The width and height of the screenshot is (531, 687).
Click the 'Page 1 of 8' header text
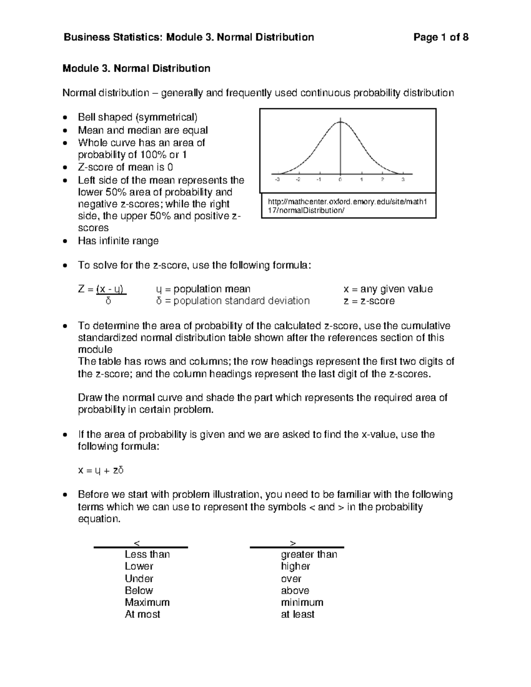(441, 37)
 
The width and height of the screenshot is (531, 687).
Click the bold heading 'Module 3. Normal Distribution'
(136, 69)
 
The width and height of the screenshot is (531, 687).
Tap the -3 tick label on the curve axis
(277, 180)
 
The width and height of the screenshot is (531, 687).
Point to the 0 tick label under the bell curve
(340, 180)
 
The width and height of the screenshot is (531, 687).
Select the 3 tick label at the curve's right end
(403, 180)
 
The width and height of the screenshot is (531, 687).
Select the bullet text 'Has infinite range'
(118, 241)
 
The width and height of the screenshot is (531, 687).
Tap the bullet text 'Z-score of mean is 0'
(125, 167)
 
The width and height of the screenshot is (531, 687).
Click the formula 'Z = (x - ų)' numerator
(102, 289)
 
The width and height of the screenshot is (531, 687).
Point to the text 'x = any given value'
(388, 289)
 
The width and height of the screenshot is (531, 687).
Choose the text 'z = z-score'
(369, 301)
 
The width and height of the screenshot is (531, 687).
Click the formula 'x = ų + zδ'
(100, 470)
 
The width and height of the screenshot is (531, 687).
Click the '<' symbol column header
(137, 543)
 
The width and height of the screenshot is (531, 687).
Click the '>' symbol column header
(292, 543)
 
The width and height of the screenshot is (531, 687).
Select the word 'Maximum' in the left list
(147, 603)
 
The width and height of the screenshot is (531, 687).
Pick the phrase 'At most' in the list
(142, 614)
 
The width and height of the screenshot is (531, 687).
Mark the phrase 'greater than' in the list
(309, 555)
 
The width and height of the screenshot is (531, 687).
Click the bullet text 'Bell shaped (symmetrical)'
(138, 117)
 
